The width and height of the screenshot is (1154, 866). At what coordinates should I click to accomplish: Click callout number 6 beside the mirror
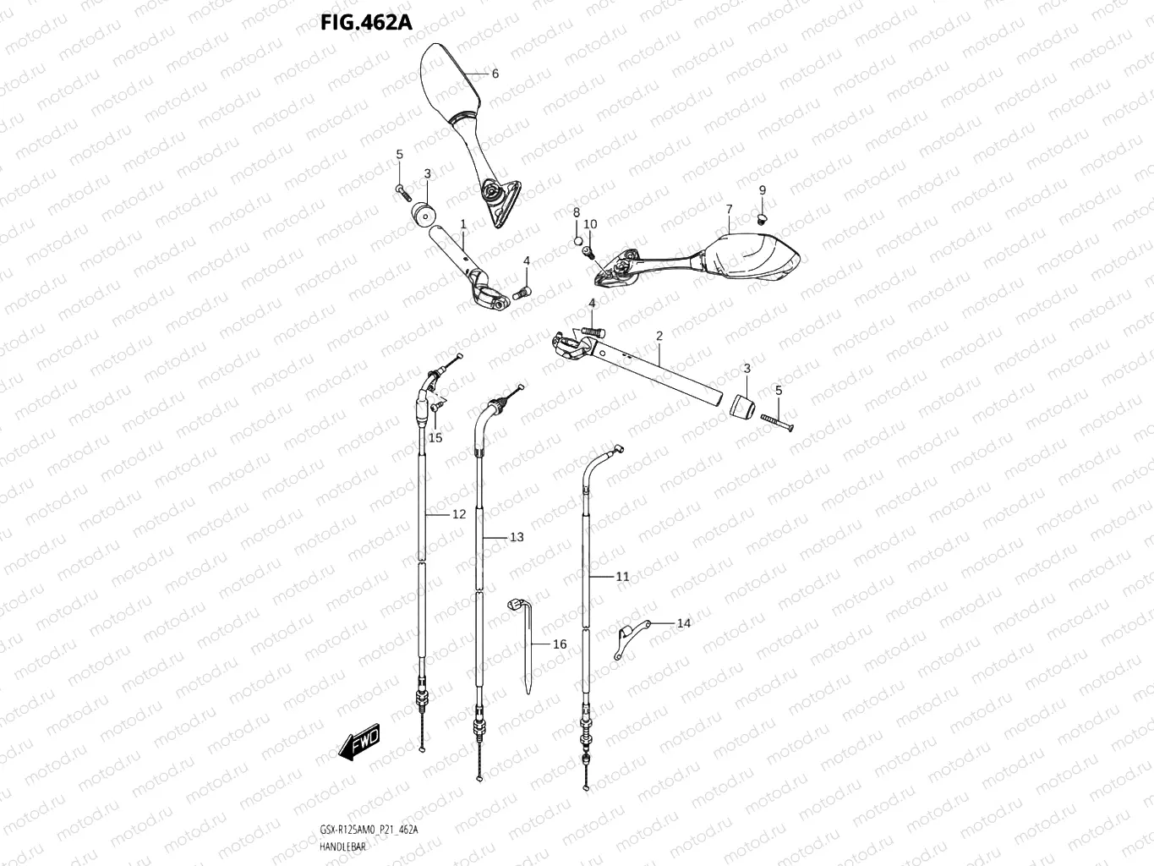pyautogui.click(x=495, y=74)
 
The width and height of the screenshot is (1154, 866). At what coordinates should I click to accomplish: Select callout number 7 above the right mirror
pyautogui.click(x=728, y=209)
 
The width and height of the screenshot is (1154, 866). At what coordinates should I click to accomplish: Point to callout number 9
pyautogui.click(x=762, y=190)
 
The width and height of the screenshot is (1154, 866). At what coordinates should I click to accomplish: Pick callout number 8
pyautogui.click(x=577, y=212)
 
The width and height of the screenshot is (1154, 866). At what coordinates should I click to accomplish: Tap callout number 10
pyautogui.click(x=590, y=224)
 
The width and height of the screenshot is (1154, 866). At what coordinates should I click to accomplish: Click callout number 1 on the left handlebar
pyautogui.click(x=463, y=223)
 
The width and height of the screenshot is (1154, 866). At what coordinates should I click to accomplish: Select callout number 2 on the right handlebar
pyautogui.click(x=659, y=337)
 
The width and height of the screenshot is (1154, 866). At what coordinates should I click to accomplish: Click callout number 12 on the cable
pyautogui.click(x=459, y=514)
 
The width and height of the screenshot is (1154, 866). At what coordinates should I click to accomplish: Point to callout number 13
pyautogui.click(x=517, y=537)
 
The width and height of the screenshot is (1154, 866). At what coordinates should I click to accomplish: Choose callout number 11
pyautogui.click(x=622, y=577)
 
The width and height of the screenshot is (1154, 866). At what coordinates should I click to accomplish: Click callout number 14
pyautogui.click(x=684, y=623)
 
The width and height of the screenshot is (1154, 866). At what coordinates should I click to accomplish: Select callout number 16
pyautogui.click(x=560, y=644)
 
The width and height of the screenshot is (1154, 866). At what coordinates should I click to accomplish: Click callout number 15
pyautogui.click(x=435, y=437)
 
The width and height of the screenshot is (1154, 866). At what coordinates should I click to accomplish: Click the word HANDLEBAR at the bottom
pyautogui.click(x=343, y=847)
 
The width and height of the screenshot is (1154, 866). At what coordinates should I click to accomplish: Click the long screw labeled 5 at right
pyautogui.click(x=778, y=421)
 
